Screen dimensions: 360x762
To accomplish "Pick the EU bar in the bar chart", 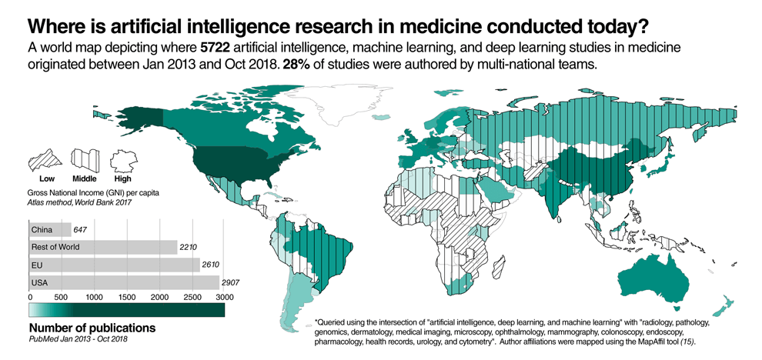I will tap(113, 265).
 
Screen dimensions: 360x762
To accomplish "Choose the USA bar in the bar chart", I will tap(123, 282).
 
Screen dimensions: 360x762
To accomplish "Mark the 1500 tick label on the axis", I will tap(126, 296).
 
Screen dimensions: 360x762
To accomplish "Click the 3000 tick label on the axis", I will tap(223, 296).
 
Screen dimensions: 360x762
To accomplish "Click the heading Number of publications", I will tap(92, 328).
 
